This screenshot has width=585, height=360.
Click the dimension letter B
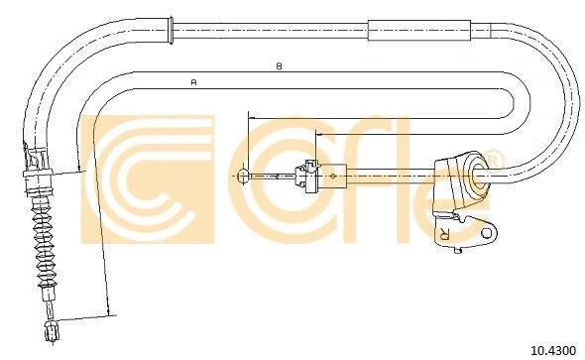coord(279,66)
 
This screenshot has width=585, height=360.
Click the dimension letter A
coord(193,82)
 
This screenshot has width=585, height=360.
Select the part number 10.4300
coord(553,351)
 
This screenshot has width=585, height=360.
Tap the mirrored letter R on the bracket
coord(444,233)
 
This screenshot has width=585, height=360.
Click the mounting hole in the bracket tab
coord(487,233)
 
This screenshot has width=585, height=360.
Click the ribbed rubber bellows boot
coord(44,243)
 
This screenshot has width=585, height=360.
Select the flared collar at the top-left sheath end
coord(171,30)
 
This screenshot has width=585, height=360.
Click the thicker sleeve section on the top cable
coord(419,30)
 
